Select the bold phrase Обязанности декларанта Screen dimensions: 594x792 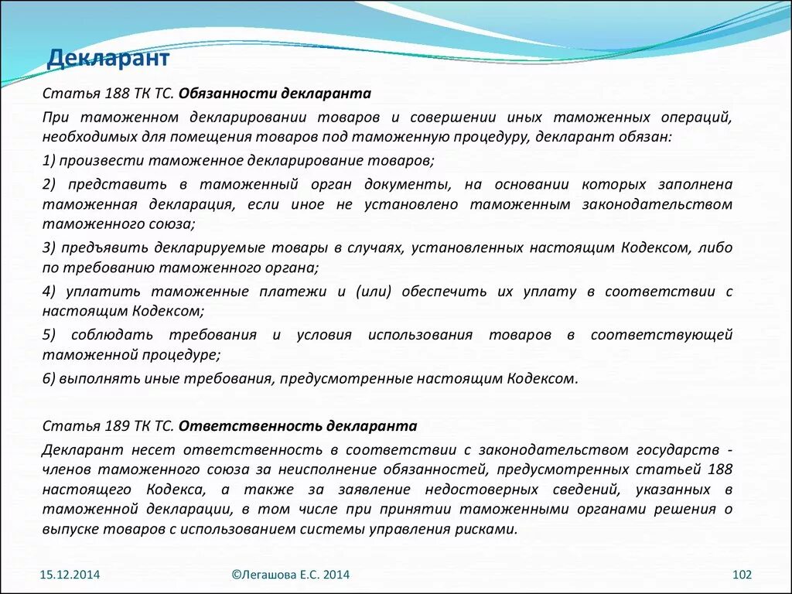pos(275,94)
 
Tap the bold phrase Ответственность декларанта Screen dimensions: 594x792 pos(298,426)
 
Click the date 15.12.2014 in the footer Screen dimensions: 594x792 pos(70,575)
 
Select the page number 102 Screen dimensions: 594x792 pos(742,575)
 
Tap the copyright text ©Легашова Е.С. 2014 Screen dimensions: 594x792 pos(290,575)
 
